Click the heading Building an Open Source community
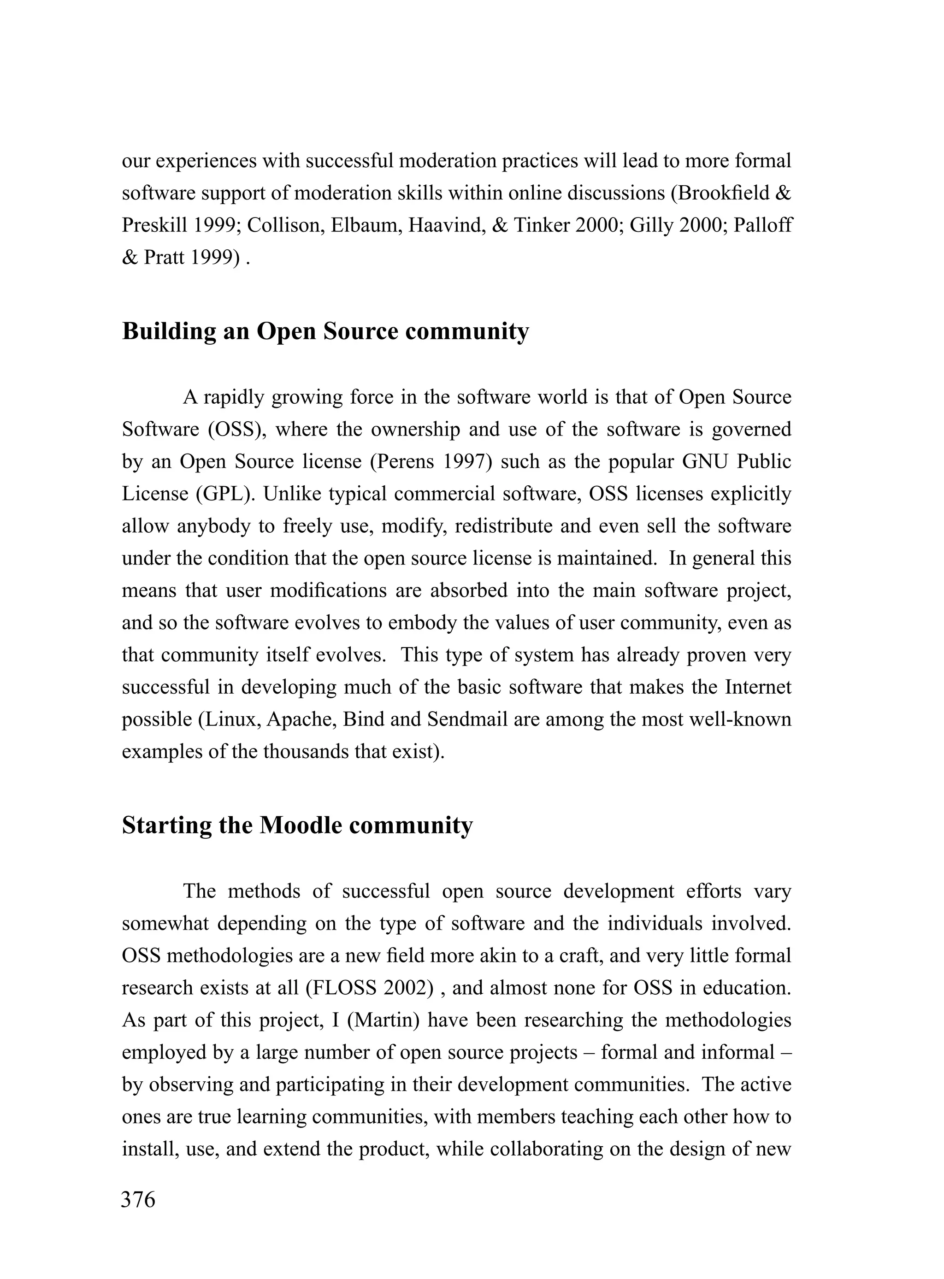point(325,331)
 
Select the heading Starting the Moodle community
point(297,825)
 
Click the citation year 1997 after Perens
point(467,461)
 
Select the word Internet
point(758,687)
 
